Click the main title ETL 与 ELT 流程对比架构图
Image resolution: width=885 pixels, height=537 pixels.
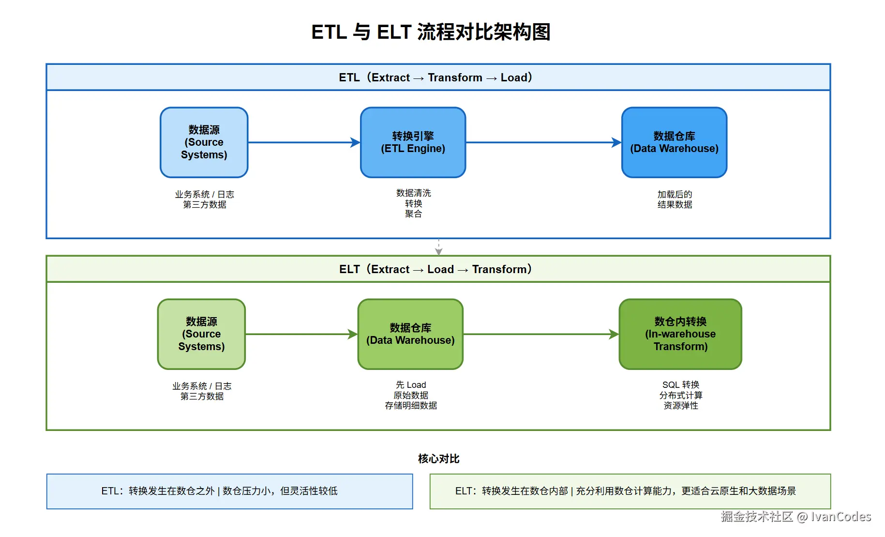pyautogui.click(x=431, y=32)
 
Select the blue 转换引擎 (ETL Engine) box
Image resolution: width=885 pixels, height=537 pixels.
pyautogui.click(x=413, y=142)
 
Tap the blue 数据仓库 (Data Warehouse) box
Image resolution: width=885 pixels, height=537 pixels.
pyautogui.click(x=674, y=142)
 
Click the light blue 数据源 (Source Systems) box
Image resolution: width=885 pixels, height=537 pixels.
pyautogui.click(x=204, y=142)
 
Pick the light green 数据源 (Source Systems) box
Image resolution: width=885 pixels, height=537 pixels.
pyautogui.click(x=201, y=334)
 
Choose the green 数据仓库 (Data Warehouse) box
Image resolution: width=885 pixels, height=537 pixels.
pyautogui.click(x=410, y=334)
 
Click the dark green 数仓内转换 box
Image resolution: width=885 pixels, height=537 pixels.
pyautogui.click(x=680, y=334)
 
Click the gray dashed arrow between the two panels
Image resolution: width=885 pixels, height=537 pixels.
pyautogui.click(x=438, y=247)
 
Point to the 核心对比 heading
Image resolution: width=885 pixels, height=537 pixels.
pyautogui.click(x=438, y=459)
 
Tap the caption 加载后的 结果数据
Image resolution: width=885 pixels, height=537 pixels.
pyautogui.click(x=675, y=199)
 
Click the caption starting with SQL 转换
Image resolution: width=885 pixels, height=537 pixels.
pyautogui.click(x=680, y=395)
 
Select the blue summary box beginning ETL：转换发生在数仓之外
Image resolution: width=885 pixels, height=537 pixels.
pyautogui.click(x=229, y=491)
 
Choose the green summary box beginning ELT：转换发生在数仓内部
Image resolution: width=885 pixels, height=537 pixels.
pyautogui.click(x=630, y=491)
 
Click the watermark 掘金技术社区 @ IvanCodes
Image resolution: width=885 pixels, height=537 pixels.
pyautogui.click(x=795, y=517)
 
